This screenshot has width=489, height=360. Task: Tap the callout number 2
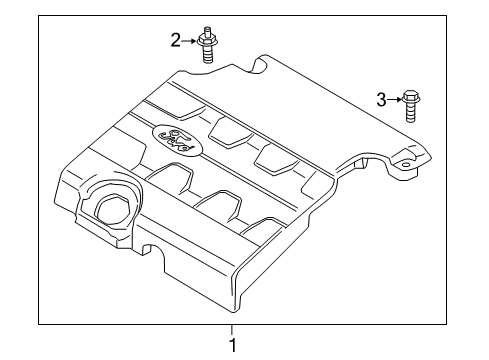pyautogui.click(x=175, y=40)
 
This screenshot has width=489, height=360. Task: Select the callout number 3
pyautogui.click(x=380, y=98)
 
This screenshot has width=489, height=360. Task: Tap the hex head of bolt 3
pyautogui.click(x=410, y=98)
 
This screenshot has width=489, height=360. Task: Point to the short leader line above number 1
pyautogui.click(x=232, y=331)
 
